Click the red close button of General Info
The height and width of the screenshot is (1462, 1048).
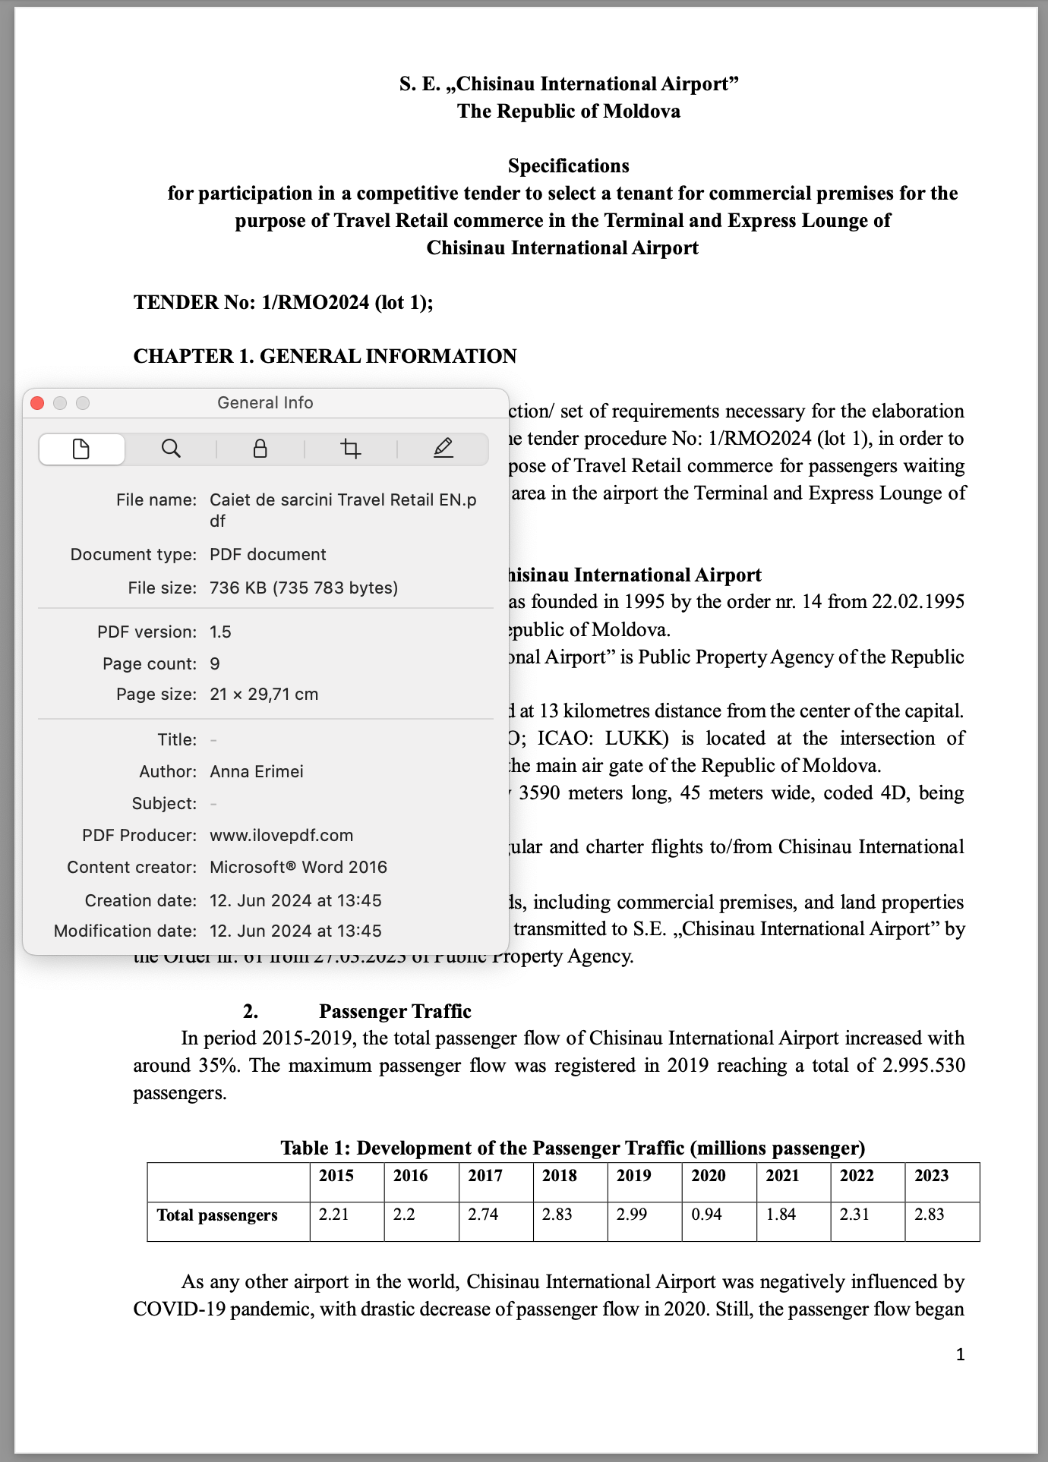coord(37,403)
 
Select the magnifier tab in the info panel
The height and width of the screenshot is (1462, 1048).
coord(171,449)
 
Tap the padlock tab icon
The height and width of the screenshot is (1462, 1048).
coord(260,449)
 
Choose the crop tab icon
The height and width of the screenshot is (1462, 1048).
coord(351,449)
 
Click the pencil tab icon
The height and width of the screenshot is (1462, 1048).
coord(444,449)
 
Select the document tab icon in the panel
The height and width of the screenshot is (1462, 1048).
coord(81,449)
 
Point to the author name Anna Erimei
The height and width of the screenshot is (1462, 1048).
coord(257,771)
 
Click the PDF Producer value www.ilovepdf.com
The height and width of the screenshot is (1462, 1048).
coord(281,835)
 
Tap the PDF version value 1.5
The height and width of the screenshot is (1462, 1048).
coord(220,632)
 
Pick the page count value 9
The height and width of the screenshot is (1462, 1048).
coord(215,663)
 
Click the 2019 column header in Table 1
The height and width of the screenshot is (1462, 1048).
coord(633,1176)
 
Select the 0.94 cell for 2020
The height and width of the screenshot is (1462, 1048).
coord(706,1215)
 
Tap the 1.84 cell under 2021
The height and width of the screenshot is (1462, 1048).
coord(781,1215)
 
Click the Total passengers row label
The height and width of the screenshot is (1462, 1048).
coord(217,1215)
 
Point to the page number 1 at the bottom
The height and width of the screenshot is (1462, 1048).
coord(960,1354)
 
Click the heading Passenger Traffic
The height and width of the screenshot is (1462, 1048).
coord(395,1011)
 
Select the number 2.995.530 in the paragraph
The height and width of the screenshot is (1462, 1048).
coord(923,1066)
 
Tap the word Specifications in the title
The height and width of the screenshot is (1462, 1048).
coord(568,165)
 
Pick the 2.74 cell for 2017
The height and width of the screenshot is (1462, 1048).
coord(483,1215)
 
